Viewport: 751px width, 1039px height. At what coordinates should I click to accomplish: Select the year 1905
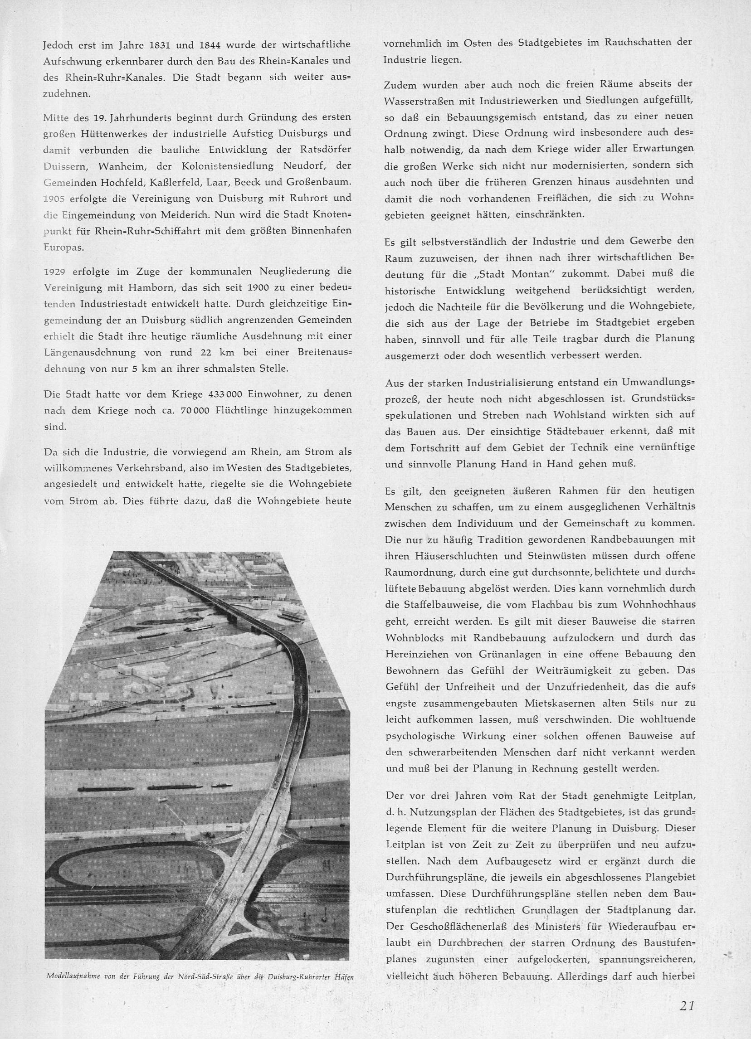point(55,199)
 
